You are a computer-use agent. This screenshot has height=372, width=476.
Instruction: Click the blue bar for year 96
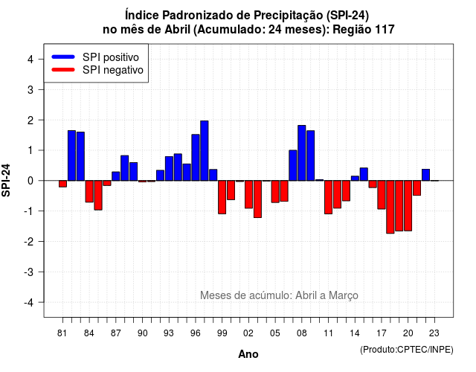[x=196, y=157]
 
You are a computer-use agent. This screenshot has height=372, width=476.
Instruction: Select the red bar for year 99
[x=222, y=197]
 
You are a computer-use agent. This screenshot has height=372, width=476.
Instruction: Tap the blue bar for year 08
[x=302, y=153]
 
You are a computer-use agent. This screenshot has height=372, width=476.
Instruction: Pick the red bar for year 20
[x=408, y=205]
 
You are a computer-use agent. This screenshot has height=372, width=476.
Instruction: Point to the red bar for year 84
[x=89, y=191]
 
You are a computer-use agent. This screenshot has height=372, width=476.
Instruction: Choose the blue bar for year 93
[x=169, y=169]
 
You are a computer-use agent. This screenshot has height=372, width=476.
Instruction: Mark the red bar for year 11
[x=328, y=197]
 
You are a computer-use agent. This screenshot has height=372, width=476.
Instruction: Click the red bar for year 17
[x=382, y=195]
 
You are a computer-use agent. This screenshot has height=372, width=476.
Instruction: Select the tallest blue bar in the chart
[x=205, y=150]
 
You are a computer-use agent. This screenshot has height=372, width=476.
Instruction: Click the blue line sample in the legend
[x=63, y=57]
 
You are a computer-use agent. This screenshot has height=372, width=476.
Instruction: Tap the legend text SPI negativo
[x=113, y=70]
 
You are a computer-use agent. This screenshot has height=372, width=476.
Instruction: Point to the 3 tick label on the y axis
[x=30, y=89]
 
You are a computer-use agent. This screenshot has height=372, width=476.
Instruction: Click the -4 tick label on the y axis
[x=29, y=303]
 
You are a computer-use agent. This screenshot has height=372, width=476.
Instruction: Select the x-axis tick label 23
[x=434, y=333]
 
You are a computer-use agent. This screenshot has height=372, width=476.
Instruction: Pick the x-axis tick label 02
[x=248, y=333]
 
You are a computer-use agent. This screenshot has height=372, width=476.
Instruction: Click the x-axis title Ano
[x=248, y=354]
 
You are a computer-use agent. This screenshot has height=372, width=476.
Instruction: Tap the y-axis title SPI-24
[x=6, y=180]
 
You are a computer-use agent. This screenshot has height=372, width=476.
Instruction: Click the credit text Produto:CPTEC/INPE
[x=407, y=350]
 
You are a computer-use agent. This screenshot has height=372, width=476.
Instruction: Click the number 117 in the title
[x=385, y=30]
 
